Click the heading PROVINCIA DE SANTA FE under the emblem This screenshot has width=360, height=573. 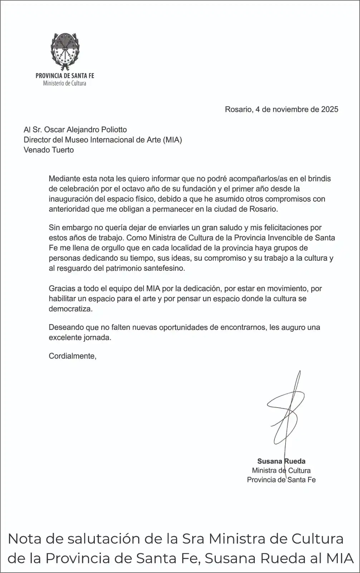65,76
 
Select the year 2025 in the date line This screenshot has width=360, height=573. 330,110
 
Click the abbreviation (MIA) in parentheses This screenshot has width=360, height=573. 172,140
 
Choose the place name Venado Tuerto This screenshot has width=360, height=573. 49,150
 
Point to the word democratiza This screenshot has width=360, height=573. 70,309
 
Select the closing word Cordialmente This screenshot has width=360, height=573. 72,356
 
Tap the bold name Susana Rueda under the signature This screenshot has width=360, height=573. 281,461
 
